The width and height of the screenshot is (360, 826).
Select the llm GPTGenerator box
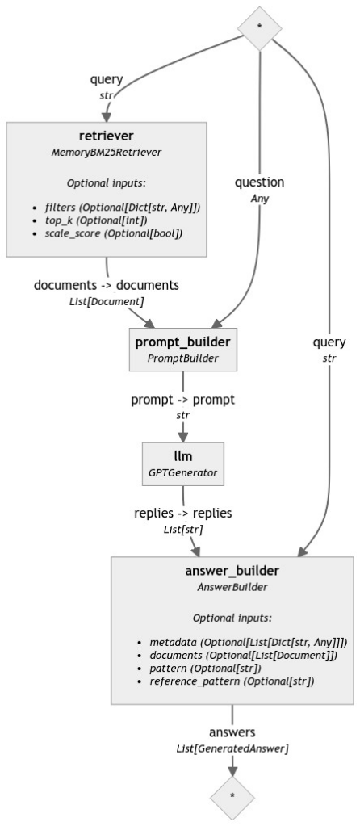tap(182, 463)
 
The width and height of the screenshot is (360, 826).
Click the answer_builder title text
tap(232, 572)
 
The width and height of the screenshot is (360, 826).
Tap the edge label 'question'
tap(259, 182)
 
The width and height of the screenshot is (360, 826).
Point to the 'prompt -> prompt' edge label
tap(183, 400)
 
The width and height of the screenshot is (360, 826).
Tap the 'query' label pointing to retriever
tap(107, 80)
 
